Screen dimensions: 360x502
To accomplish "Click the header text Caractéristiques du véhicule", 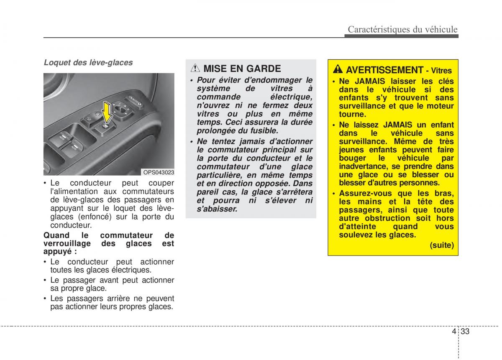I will click(403, 29).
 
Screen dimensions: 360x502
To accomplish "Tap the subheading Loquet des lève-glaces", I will click(88, 63).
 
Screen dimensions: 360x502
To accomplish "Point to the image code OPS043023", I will click(159, 172).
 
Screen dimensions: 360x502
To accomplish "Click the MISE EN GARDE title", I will click(242, 69).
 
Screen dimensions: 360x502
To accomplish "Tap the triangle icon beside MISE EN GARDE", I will click(195, 69).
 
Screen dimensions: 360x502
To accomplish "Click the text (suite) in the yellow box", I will click(442, 245).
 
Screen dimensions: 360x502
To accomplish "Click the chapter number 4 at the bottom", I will click(454, 332).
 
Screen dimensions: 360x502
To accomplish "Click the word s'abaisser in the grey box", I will click(217, 209).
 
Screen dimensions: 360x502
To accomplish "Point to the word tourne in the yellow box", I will click(352, 114).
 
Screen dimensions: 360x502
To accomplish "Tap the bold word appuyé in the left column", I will click(59, 252).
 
